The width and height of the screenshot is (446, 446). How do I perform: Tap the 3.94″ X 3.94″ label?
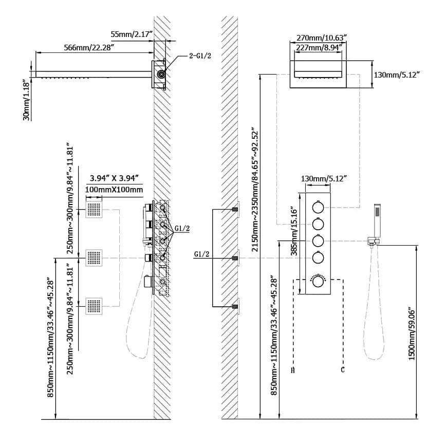[114, 178]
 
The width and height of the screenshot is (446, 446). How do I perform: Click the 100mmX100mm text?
[114, 190]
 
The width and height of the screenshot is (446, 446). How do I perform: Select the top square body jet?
[95, 209]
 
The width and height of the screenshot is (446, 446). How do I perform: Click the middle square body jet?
[95, 257]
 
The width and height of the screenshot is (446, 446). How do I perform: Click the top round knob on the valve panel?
[318, 208]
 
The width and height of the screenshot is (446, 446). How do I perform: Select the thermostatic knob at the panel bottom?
[318, 282]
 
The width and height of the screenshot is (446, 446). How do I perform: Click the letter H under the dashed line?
[293, 369]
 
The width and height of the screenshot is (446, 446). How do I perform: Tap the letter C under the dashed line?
[342, 369]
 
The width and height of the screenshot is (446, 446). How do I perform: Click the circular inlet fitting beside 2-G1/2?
[162, 74]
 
